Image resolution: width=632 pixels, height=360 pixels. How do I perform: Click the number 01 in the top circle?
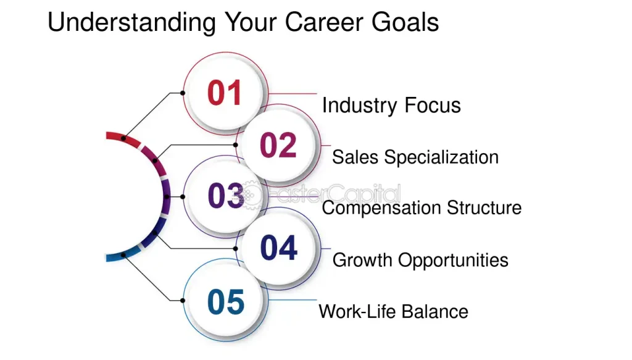click(x=225, y=93)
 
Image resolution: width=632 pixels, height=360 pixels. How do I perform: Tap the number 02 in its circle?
click(x=278, y=144)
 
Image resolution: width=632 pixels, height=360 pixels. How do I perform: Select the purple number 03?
click(x=226, y=196)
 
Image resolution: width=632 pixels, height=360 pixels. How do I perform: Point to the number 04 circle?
click(x=278, y=248)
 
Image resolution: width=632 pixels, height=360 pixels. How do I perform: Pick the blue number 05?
click(x=226, y=301)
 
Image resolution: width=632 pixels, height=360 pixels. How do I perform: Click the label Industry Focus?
click(x=391, y=106)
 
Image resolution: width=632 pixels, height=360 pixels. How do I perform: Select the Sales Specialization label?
click(x=415, y=157)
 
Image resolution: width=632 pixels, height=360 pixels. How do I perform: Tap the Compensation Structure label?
click(x=422, y=208)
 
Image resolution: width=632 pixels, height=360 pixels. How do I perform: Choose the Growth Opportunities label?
click(x=420, y=260)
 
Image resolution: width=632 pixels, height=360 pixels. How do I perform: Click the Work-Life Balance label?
click(x=393, y=312)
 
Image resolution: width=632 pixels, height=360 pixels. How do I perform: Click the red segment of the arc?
click(x=123, y=137)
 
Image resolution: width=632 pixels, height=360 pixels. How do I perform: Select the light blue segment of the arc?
click(x=123, y=256)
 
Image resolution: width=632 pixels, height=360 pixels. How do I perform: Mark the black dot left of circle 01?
click(x=183, y=93)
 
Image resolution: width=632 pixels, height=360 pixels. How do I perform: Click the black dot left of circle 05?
click(x=183, y=300)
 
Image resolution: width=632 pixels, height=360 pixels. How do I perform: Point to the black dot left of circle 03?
click(x=183, y=197)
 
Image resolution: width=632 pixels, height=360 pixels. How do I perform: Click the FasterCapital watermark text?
click(x=335, y=194)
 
